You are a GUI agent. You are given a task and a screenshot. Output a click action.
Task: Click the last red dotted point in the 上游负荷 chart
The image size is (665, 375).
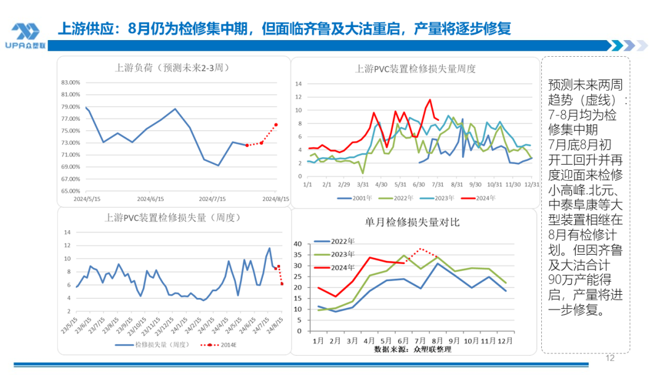click(x=276, y=125)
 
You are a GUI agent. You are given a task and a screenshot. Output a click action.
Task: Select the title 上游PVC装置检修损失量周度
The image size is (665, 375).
click(x=416, y=68)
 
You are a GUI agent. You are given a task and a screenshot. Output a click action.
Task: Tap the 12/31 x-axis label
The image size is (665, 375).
click(x=531, y=184)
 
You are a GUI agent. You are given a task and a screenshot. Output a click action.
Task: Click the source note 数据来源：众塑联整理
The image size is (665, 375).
click(x=412, y=350)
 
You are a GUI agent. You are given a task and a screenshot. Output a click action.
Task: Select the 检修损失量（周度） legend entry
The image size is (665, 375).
click(x=158, y=344)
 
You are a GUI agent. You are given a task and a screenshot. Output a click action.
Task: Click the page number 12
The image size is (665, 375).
click(x=611, y=358)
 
